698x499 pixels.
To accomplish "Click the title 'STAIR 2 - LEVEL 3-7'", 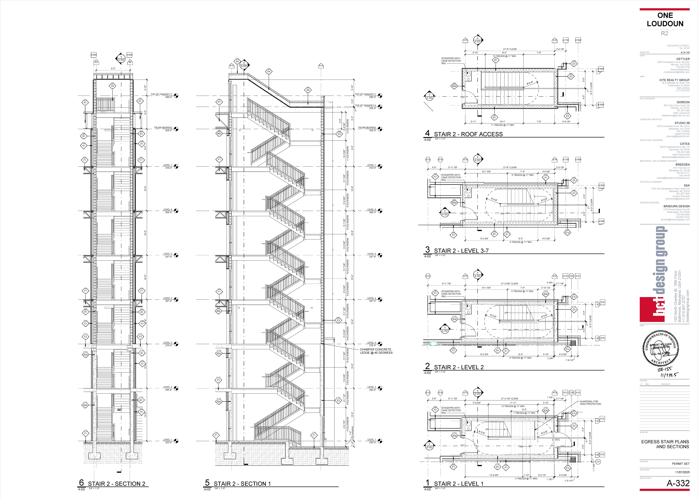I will click(461, 251).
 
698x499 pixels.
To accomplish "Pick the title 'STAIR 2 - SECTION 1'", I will click(242, 484).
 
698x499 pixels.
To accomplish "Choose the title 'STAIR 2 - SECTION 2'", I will click(116, 484).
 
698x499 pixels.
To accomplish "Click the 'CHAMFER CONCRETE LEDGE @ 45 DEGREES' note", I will click(376, 351).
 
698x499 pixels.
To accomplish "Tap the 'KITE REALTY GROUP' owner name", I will click(674, 80).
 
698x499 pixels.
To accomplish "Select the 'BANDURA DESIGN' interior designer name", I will click(676, 206).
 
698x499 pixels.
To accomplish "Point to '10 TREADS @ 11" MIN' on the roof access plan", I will click(504, 56).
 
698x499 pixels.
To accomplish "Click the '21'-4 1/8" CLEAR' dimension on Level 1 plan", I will click(510, 399).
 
